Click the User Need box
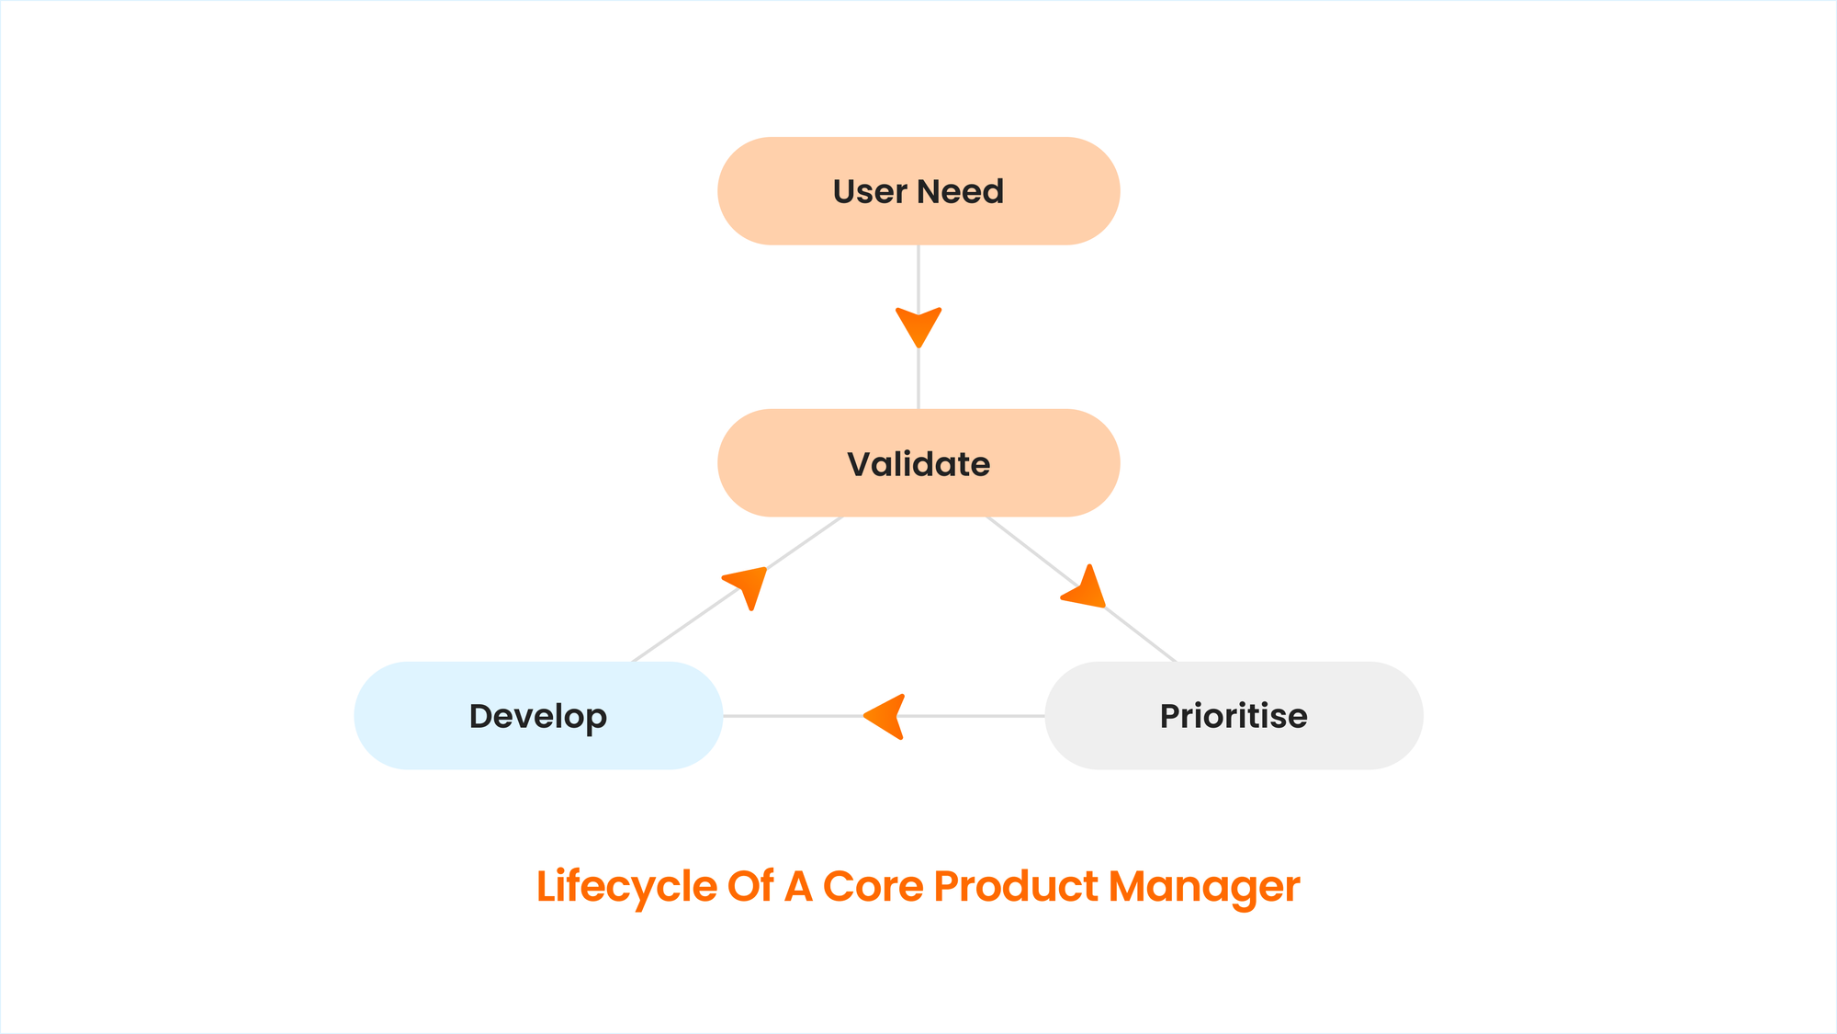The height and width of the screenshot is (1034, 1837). coord(918,191)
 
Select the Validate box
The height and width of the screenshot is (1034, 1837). coord(918,463)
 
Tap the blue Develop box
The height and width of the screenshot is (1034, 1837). coord(538,716)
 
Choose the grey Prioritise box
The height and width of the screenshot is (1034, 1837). coord(1234,716)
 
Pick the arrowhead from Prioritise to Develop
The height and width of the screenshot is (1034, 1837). coord(885,717)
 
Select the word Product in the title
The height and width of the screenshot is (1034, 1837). coord(1016,886)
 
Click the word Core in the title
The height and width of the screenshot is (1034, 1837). coord(873,886)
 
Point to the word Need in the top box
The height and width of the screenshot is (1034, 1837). coord(961,191)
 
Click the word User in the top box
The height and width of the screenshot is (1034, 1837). coord(870,191)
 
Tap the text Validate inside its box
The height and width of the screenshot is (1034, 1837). coord(918,464)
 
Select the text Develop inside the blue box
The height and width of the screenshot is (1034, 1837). coord(538,717)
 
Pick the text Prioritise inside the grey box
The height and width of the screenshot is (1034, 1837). coord(1234,716)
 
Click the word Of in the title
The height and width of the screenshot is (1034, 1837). coord(750,886)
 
